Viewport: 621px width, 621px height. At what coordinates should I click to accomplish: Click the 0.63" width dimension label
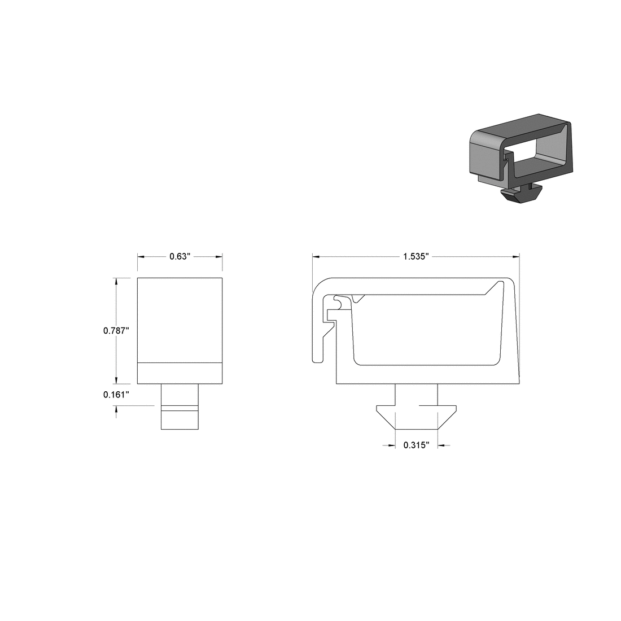tap(180, 256)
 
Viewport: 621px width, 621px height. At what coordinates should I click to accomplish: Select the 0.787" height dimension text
tap(116, 331)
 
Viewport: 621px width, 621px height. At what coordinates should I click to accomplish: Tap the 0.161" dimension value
tap(116, 395)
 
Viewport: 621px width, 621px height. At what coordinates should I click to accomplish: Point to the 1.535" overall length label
tap(416, 256)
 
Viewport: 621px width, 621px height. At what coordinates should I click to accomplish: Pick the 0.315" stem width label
tap(417, 445)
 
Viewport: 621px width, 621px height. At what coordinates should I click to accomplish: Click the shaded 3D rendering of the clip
tap(521, 155)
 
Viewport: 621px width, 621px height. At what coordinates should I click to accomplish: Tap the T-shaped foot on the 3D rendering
tap(521, 193)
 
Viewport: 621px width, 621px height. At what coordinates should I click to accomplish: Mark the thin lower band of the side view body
tap(180, 372)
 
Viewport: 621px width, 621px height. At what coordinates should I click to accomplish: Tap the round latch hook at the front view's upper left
tap(337, 303)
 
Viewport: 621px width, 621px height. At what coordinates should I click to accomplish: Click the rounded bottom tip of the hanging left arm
tap(318, 360)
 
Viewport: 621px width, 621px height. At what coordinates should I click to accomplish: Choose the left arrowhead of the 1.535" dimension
tap(317, 256)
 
